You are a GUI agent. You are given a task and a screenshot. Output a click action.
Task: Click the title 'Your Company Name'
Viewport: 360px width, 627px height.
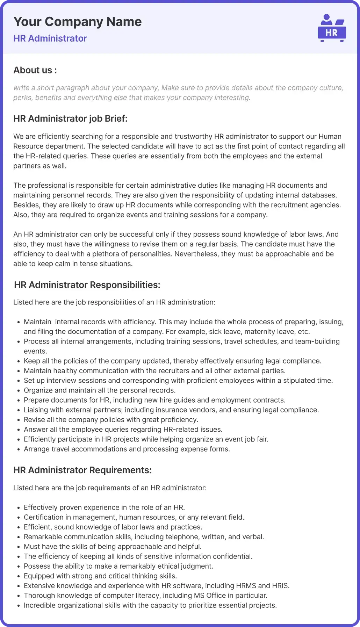78,22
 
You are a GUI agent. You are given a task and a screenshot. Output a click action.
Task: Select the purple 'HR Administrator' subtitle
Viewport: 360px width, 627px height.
50,38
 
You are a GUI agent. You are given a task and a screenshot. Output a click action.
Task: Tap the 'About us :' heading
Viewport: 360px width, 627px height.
35,70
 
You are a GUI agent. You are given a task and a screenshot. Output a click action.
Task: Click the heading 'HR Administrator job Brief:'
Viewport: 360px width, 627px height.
70,118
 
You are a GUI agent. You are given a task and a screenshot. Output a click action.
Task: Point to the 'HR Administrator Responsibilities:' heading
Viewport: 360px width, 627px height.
87,285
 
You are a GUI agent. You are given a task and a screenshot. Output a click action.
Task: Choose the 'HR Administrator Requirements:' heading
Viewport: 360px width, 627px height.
82,470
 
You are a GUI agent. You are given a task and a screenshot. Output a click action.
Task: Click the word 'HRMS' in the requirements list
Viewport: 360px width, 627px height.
246,585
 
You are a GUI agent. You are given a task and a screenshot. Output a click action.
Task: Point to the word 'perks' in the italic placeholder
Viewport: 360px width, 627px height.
22,98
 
